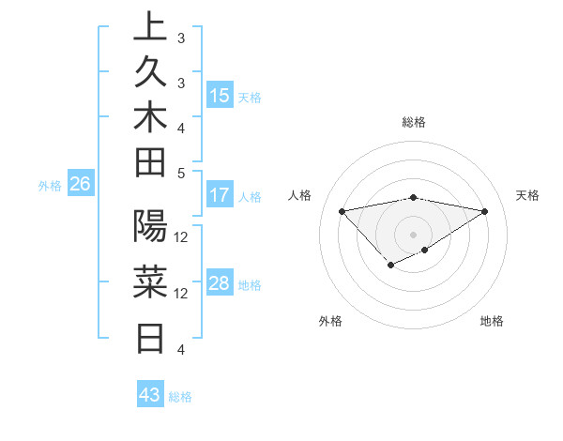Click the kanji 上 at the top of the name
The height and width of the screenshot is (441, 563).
coord(150,27)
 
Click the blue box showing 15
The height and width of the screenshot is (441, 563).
coord(220,96)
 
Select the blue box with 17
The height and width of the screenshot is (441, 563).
coord(220,196)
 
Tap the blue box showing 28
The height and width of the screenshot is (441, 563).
coord(220,283)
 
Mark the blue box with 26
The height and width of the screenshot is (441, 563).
coord(81,185)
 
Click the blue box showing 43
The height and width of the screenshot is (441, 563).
coord(149,395)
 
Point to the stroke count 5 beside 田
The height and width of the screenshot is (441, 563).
coord(181,174)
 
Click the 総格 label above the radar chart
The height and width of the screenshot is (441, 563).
coord(414,122)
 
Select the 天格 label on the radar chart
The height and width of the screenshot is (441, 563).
coord(527,195)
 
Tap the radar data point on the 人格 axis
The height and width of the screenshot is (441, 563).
coord(342,210)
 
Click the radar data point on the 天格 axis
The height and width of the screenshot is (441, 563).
coord(485,210)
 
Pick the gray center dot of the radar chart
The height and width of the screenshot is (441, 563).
coord(413,234)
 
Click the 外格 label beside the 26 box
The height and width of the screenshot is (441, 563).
coord(49,186)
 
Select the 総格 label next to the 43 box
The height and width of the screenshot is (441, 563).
coord(180,397)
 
